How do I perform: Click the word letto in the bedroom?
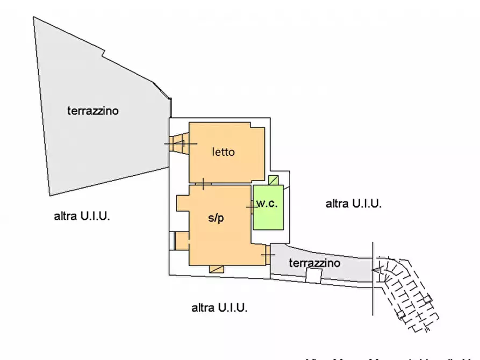pos(223,152)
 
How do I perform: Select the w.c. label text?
pos(266,204)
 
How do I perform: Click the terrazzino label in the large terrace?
pos(93,111)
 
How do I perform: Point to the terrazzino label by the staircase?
pos(314,263)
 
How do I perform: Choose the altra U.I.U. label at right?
pos(354,204)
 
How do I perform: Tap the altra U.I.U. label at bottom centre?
pos(219,308)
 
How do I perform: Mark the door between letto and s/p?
pos(203,184)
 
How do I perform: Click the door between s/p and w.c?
pos(250,206)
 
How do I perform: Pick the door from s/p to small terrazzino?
pos(267,254)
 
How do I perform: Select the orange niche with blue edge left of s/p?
pos(181,240)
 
